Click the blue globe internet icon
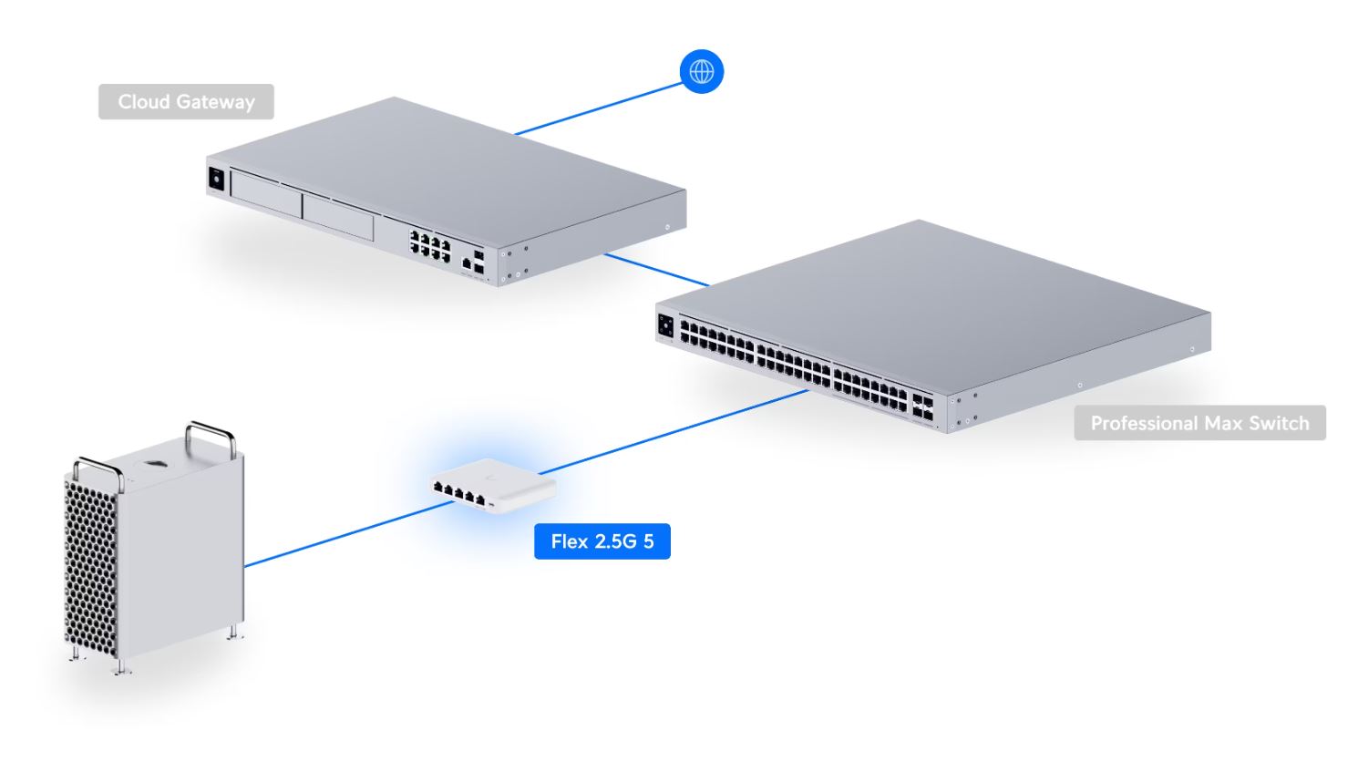[x=702, y=71]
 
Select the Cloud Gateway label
[x=186, y=102]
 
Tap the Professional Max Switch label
[x=1199, y=423]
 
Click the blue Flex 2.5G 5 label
[x=602, y=541]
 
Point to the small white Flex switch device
[x=492, y=480]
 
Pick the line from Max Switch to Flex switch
[x=674, y=433]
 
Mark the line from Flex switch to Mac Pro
[x=337, y=534]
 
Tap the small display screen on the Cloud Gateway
[x=217, y=179]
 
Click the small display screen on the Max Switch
[x=665, y=326]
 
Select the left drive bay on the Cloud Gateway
[x=265, y=197]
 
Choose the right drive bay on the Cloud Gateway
[x=337, y=217]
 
